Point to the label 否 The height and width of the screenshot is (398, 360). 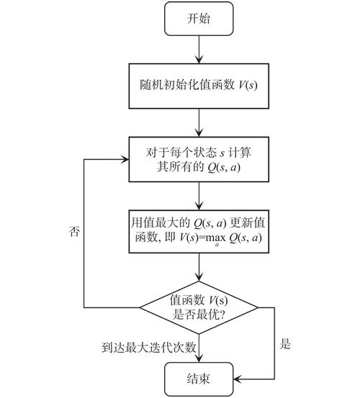point(73,232)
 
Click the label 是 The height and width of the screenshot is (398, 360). point(285,345)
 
